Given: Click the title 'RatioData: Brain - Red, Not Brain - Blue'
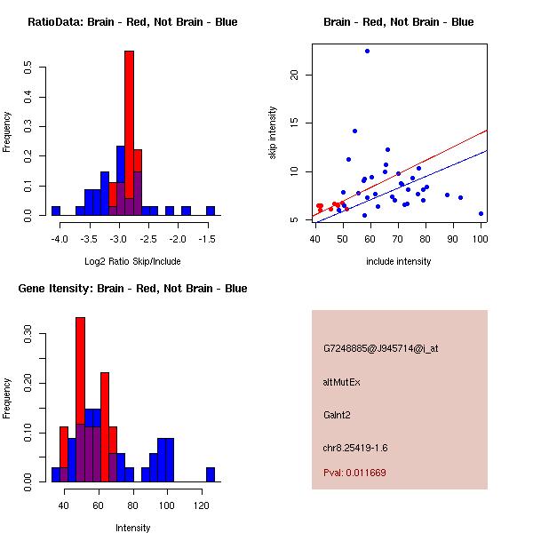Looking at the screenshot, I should click(132, 22).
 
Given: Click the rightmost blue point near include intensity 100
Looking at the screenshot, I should click(481, 213).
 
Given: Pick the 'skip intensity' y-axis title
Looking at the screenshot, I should click(274, 133).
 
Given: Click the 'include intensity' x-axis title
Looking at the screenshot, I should click(398, 261).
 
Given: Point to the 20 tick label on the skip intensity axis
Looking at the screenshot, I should click(296, 75).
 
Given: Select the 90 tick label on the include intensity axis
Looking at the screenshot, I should click(453, 238).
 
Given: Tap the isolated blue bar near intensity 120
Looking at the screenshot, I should click(211, 474).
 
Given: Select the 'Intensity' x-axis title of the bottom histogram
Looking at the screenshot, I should click(133, 528).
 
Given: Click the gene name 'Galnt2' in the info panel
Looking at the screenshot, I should click(338, 415).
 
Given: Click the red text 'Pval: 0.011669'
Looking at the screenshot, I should click(354, 473).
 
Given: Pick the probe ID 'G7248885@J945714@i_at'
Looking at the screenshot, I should click(380, 348).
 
